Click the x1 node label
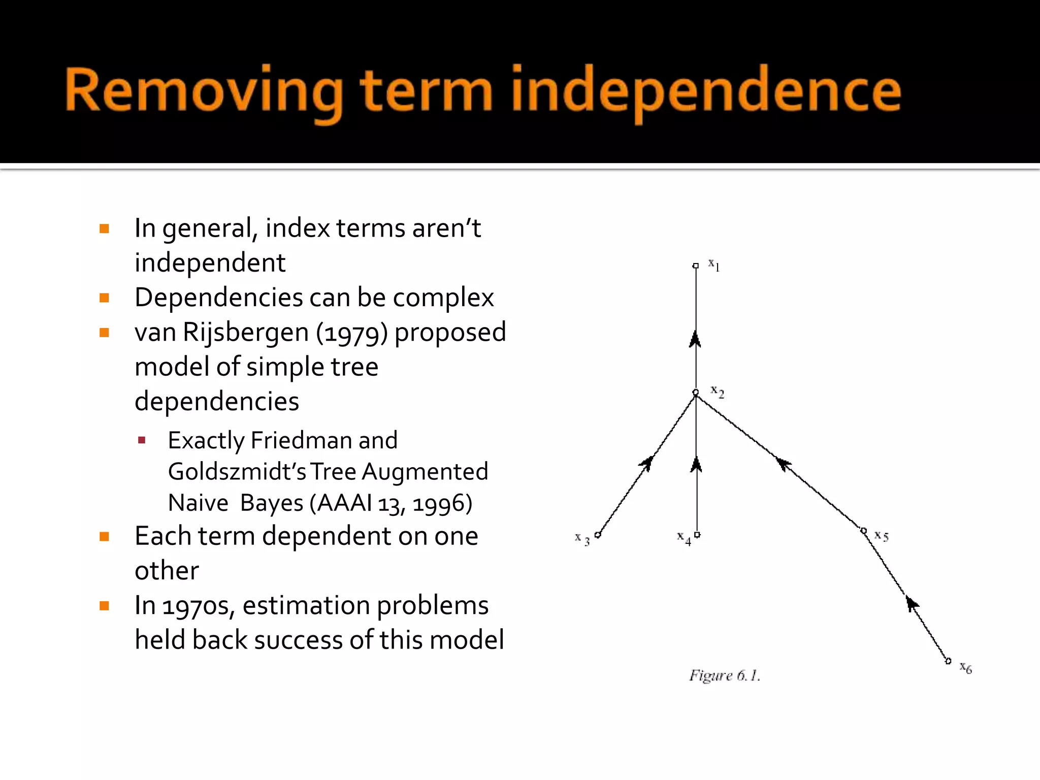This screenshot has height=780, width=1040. point(714,265)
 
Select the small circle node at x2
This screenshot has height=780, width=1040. point(696,392)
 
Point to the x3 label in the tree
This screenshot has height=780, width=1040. point(582,538)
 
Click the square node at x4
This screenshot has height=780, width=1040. point(697,534)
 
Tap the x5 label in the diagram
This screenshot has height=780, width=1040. point(881,536)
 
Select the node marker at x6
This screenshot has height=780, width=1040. point(948,661)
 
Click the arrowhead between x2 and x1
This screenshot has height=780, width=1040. point(695,339)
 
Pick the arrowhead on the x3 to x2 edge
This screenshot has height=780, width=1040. point(647,463)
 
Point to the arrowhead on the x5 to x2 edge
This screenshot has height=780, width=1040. point(784,463)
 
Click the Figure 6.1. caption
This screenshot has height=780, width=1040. point(724,675)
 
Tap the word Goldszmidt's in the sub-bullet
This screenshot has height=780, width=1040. point(237,471)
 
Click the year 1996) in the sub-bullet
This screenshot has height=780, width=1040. point(442,503)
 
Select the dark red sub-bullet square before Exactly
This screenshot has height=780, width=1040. point(142,440)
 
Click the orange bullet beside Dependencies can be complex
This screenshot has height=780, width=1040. point(105,298)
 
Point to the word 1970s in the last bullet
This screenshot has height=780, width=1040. point(198,605)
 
